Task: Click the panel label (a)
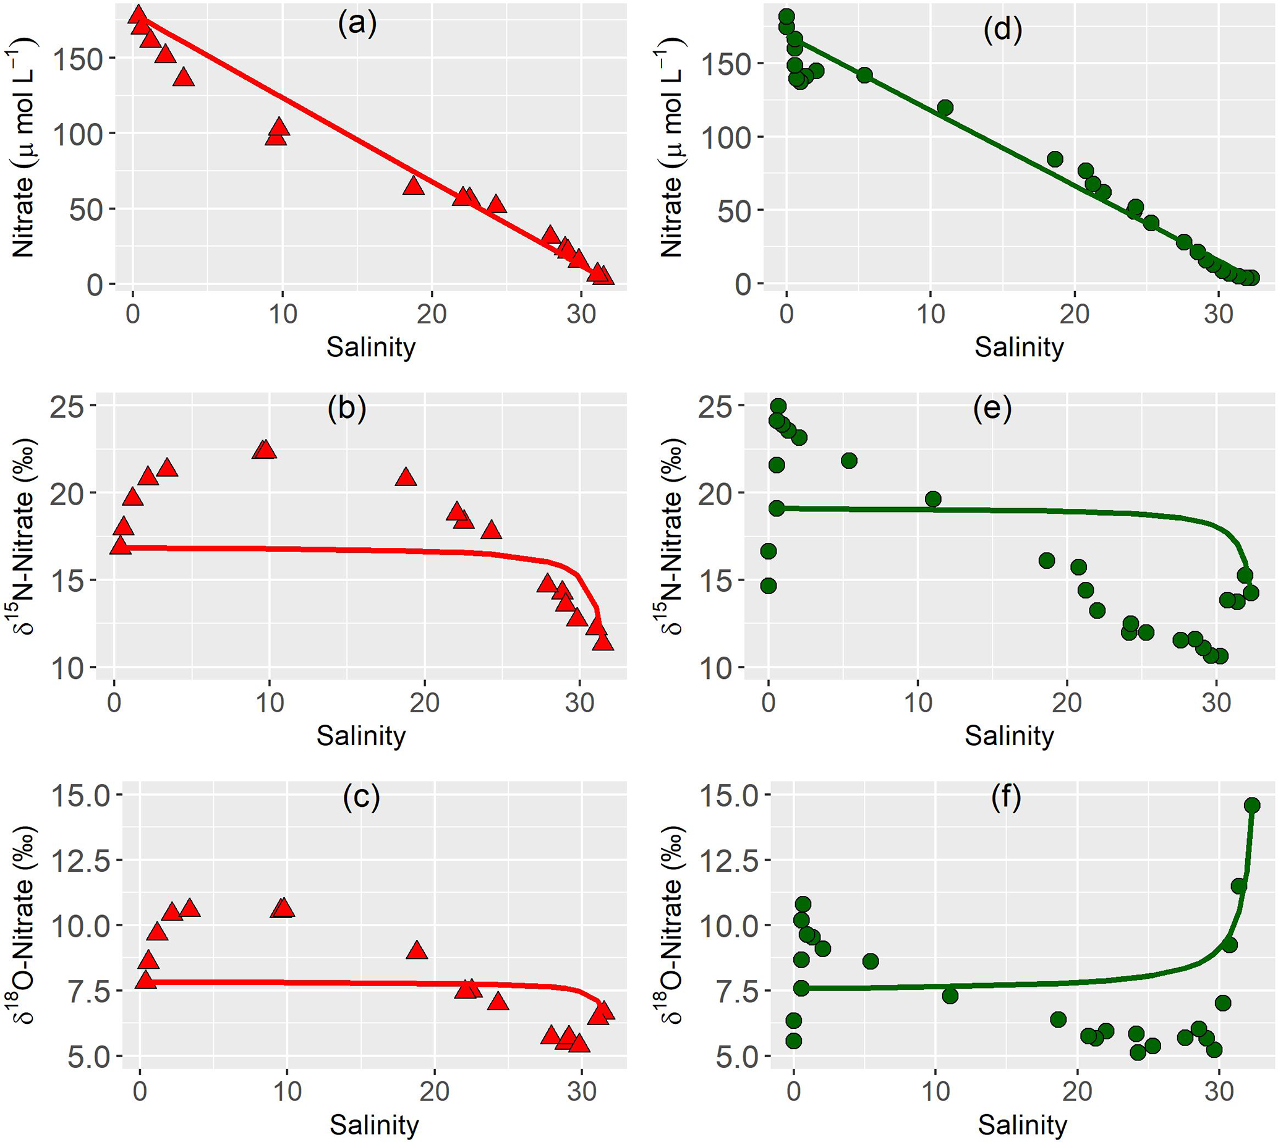[357, 24]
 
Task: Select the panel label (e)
[992, 409]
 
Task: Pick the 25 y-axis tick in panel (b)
[67, 406]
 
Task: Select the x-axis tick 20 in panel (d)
[1075, 313]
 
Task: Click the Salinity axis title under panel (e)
[1009, 735]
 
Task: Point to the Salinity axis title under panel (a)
[371, 347]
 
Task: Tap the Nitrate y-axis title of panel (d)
[671, 147]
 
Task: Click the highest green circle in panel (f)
[1251, 806]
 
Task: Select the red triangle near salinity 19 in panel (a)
[414, 185]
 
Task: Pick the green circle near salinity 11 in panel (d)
[945, 108]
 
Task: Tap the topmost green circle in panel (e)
[778, 406]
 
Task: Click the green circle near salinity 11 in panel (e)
[933, 499]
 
